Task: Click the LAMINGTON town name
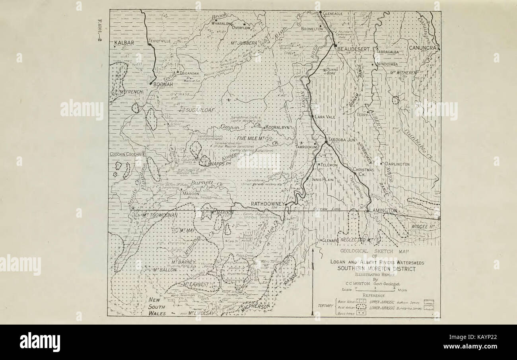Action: point(383,210)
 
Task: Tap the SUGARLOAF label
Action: point(199,108)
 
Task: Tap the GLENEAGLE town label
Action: point(332,14)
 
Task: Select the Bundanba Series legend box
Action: point(429,307)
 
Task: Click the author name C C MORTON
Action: point(355,284)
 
